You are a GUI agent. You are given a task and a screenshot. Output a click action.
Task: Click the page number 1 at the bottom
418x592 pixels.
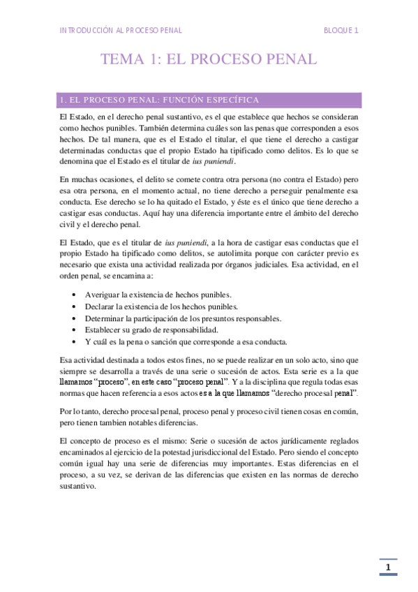tap(389, 568)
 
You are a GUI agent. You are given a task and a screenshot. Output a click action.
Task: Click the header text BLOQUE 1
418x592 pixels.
tap(341, 30)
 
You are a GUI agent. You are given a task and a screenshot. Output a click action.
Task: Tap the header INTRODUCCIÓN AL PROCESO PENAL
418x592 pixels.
tap(121, 30)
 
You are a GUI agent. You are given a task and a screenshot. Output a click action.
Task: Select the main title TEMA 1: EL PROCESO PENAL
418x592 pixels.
tap(209, 60)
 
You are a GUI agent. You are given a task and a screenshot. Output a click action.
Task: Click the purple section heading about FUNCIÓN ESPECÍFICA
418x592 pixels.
tap(161, 99)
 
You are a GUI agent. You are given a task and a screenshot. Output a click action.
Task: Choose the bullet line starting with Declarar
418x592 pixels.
tap(161, 306)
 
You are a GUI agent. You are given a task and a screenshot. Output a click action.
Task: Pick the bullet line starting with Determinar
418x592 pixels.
tap(183, 318)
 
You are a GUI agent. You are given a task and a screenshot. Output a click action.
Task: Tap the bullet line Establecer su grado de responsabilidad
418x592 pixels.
tap(151, 330)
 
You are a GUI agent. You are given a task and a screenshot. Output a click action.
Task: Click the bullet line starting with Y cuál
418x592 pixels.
tap(186, 341)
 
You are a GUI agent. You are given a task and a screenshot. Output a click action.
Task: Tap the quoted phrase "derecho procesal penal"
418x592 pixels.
tap(318, 394)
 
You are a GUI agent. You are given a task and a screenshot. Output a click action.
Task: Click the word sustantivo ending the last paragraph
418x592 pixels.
tap(77, 487)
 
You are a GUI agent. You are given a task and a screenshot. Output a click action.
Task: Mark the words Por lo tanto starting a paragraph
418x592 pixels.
tap(82, 411)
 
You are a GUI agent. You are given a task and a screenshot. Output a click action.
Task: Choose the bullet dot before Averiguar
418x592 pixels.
tap(75, 295)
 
